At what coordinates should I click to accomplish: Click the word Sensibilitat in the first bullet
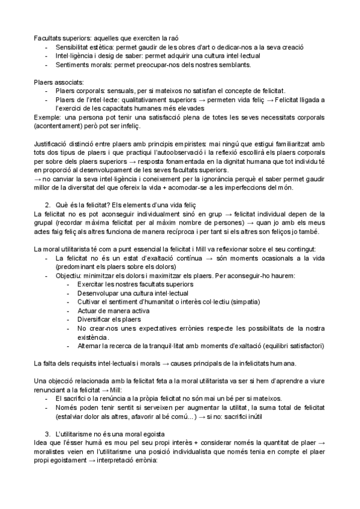pos(73,47)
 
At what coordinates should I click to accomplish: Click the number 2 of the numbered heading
pos(56,204)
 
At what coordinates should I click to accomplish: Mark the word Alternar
pos(91,346)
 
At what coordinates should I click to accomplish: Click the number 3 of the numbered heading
pos(56,433)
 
